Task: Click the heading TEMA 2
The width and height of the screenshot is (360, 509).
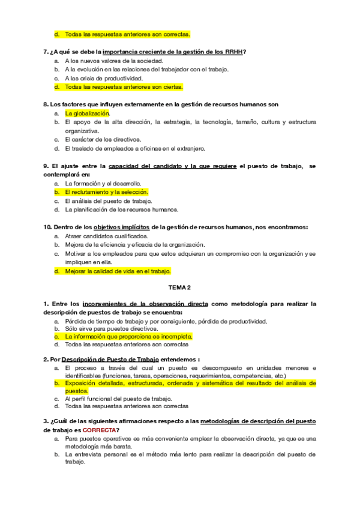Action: [179, 288]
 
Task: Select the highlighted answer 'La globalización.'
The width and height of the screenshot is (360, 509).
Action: [88, 113]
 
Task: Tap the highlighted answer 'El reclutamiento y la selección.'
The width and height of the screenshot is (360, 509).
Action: [106, 192]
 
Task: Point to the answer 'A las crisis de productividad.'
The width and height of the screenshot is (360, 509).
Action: [104, 78]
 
